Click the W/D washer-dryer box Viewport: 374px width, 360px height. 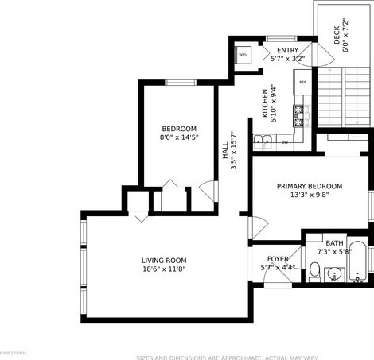243,55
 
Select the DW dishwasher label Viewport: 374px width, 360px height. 286,143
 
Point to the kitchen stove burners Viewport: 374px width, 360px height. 301,116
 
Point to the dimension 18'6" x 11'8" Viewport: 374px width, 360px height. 164,269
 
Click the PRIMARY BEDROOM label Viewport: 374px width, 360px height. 310,186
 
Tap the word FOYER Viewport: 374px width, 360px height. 278,259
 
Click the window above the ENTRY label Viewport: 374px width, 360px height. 281,38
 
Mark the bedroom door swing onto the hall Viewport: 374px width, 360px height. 208,192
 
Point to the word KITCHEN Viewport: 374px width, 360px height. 266,103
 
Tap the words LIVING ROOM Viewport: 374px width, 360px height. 164,261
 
